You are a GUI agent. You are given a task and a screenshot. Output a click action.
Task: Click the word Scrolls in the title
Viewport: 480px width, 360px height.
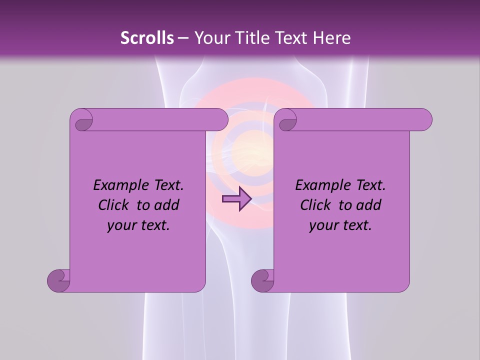click(147, 38)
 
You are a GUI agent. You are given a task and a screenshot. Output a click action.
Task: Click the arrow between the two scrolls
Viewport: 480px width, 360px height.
click(236, 199)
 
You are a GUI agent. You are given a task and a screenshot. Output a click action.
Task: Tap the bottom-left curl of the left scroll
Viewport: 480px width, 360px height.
click(59, 279)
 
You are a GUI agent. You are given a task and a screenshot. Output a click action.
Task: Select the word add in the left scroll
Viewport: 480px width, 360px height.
click(168, 205)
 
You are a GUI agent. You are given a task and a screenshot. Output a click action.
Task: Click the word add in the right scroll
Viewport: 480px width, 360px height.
click(370, 205)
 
